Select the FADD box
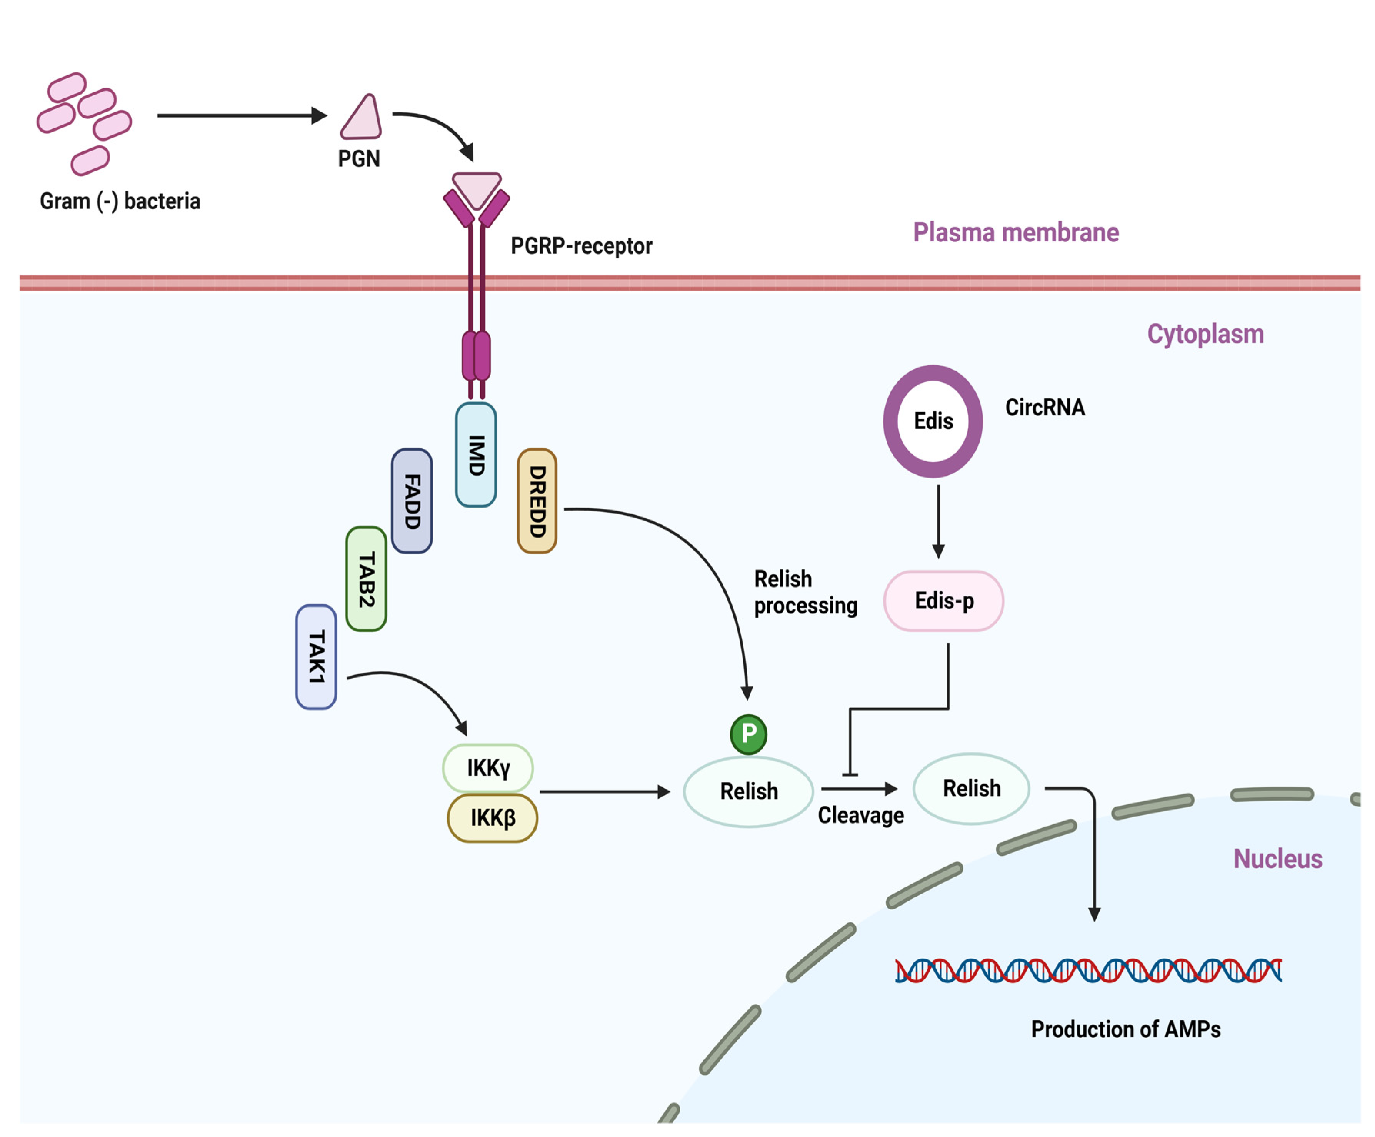coord(412,501)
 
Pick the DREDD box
coord(537,501)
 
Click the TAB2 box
coord(366,579)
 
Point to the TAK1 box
coord(316,656)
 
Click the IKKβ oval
coord(492,817)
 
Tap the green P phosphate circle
coord(748,734)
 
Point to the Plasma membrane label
coord(1015,232)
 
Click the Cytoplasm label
coord(1205,334)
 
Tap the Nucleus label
coord(1277,859)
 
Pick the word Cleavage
coord(860,816)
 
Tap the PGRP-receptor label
coord(581,246)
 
